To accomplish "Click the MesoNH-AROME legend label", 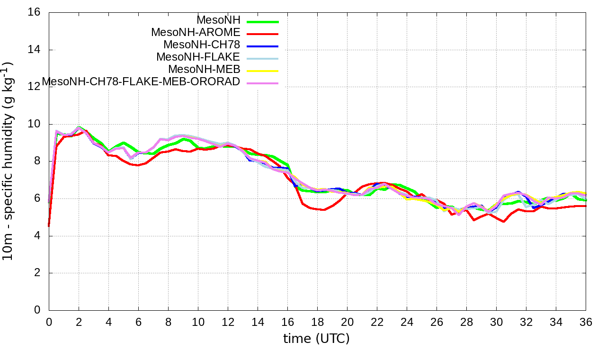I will tap(196, 32).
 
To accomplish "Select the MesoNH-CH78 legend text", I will tap(202, 45).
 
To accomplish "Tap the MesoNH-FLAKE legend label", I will tap(199, 57).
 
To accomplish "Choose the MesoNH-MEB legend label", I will tap(208, 69).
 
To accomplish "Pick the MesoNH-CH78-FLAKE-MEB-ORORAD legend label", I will tap(141, 81).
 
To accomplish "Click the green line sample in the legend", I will tap(262, 22).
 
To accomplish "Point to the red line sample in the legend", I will tap(262, 34).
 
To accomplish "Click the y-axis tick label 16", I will tap(35, 12).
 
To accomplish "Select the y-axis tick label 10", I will tap(35, 124).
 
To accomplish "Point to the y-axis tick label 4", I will tap(38, 236).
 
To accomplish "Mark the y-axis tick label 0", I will tap(38, 310).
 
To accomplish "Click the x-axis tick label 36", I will tap(586, 322).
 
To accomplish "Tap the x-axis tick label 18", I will tap(317, 322).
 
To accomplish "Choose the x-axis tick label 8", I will tap(168, 322).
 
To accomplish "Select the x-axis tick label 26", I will tap(437, 322).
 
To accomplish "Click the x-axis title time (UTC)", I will tap(316, 339).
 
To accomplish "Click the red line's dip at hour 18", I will tap(323, 210).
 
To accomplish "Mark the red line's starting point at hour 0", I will tap(49, 226).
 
